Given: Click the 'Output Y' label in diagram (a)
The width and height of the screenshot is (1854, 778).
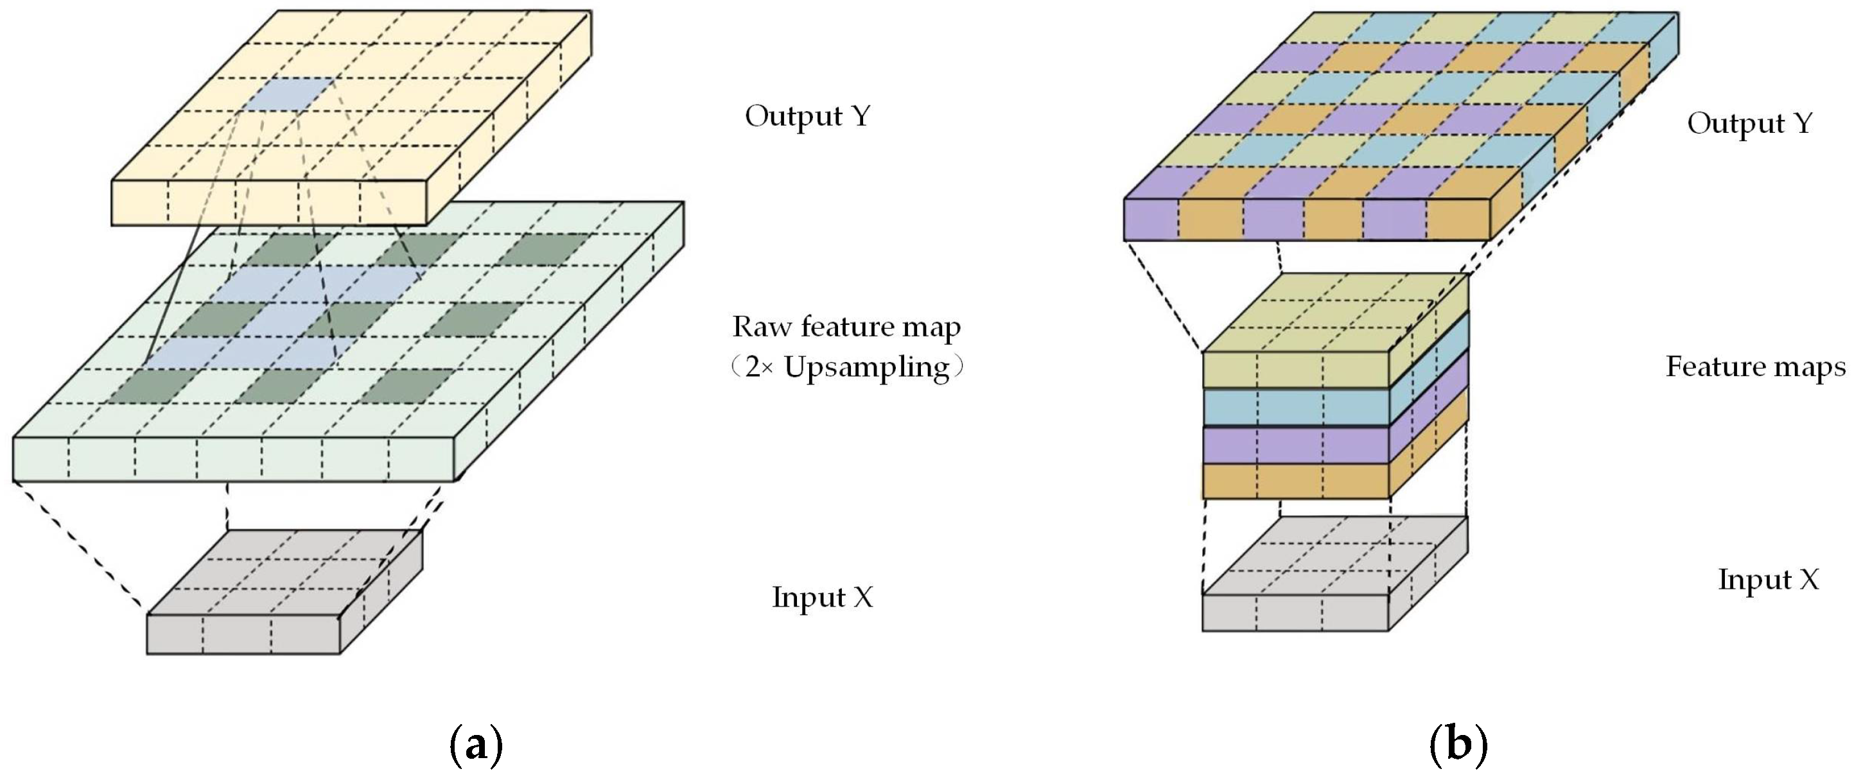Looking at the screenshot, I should (807, 117).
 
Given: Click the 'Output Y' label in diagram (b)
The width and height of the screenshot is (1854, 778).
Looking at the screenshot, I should (1749, 124).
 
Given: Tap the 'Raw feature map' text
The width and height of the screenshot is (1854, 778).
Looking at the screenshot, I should (846, 327).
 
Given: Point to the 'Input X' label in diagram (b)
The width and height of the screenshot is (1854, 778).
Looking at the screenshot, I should (1769, 580).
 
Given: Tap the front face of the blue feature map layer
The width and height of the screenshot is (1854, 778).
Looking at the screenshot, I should (1295, 406).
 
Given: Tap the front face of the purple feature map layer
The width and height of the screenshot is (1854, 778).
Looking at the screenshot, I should (1295, 445).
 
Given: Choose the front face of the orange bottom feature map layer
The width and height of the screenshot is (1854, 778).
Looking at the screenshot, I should (1295, 481).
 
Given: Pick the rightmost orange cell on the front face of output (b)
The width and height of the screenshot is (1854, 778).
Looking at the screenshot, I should (1457, 220).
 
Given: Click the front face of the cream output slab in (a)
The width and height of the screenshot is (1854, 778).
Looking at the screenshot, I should (268, 202).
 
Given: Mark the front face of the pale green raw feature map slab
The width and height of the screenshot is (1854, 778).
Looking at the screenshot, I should (234, 458).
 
